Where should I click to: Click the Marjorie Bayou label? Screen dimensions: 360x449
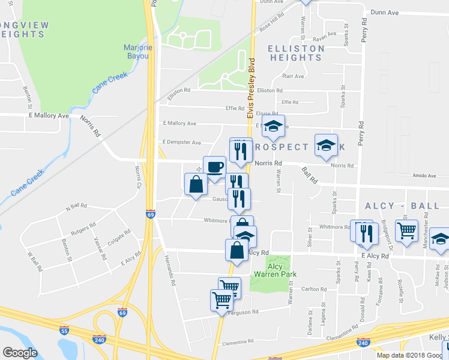click(x=139, y=52)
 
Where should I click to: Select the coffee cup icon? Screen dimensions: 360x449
click(x=214, y=166)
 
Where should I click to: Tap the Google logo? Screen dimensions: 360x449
click(x=20, y=353)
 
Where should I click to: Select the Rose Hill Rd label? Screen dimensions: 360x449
click(x=271, y=25)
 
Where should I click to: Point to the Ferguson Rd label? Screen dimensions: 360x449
click(x=246, y=312)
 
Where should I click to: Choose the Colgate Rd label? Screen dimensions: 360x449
click(x=118, y=240)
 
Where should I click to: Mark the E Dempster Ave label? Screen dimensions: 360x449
click(x=181, y=142)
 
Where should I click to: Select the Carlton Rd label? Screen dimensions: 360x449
click(x=314, y=289)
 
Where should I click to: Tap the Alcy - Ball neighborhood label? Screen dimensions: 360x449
click(x=402, y=206)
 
